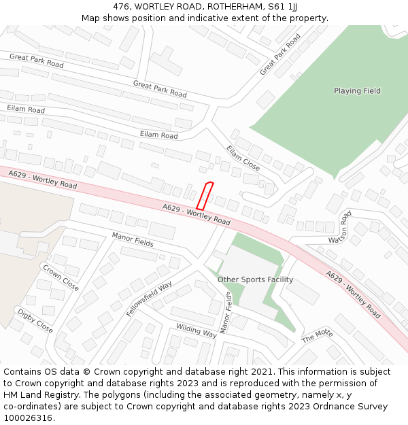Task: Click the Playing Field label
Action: [357, 91]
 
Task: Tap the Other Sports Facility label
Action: [255, 279]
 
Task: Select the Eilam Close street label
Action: [243, 158]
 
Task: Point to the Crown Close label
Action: [61, 277]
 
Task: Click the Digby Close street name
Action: [35, 321]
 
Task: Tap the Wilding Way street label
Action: [197, 330]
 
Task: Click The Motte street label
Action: [317, 335]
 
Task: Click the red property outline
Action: [205, 196]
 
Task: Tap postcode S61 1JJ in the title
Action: [282, 6]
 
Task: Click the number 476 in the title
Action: [121, 6]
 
